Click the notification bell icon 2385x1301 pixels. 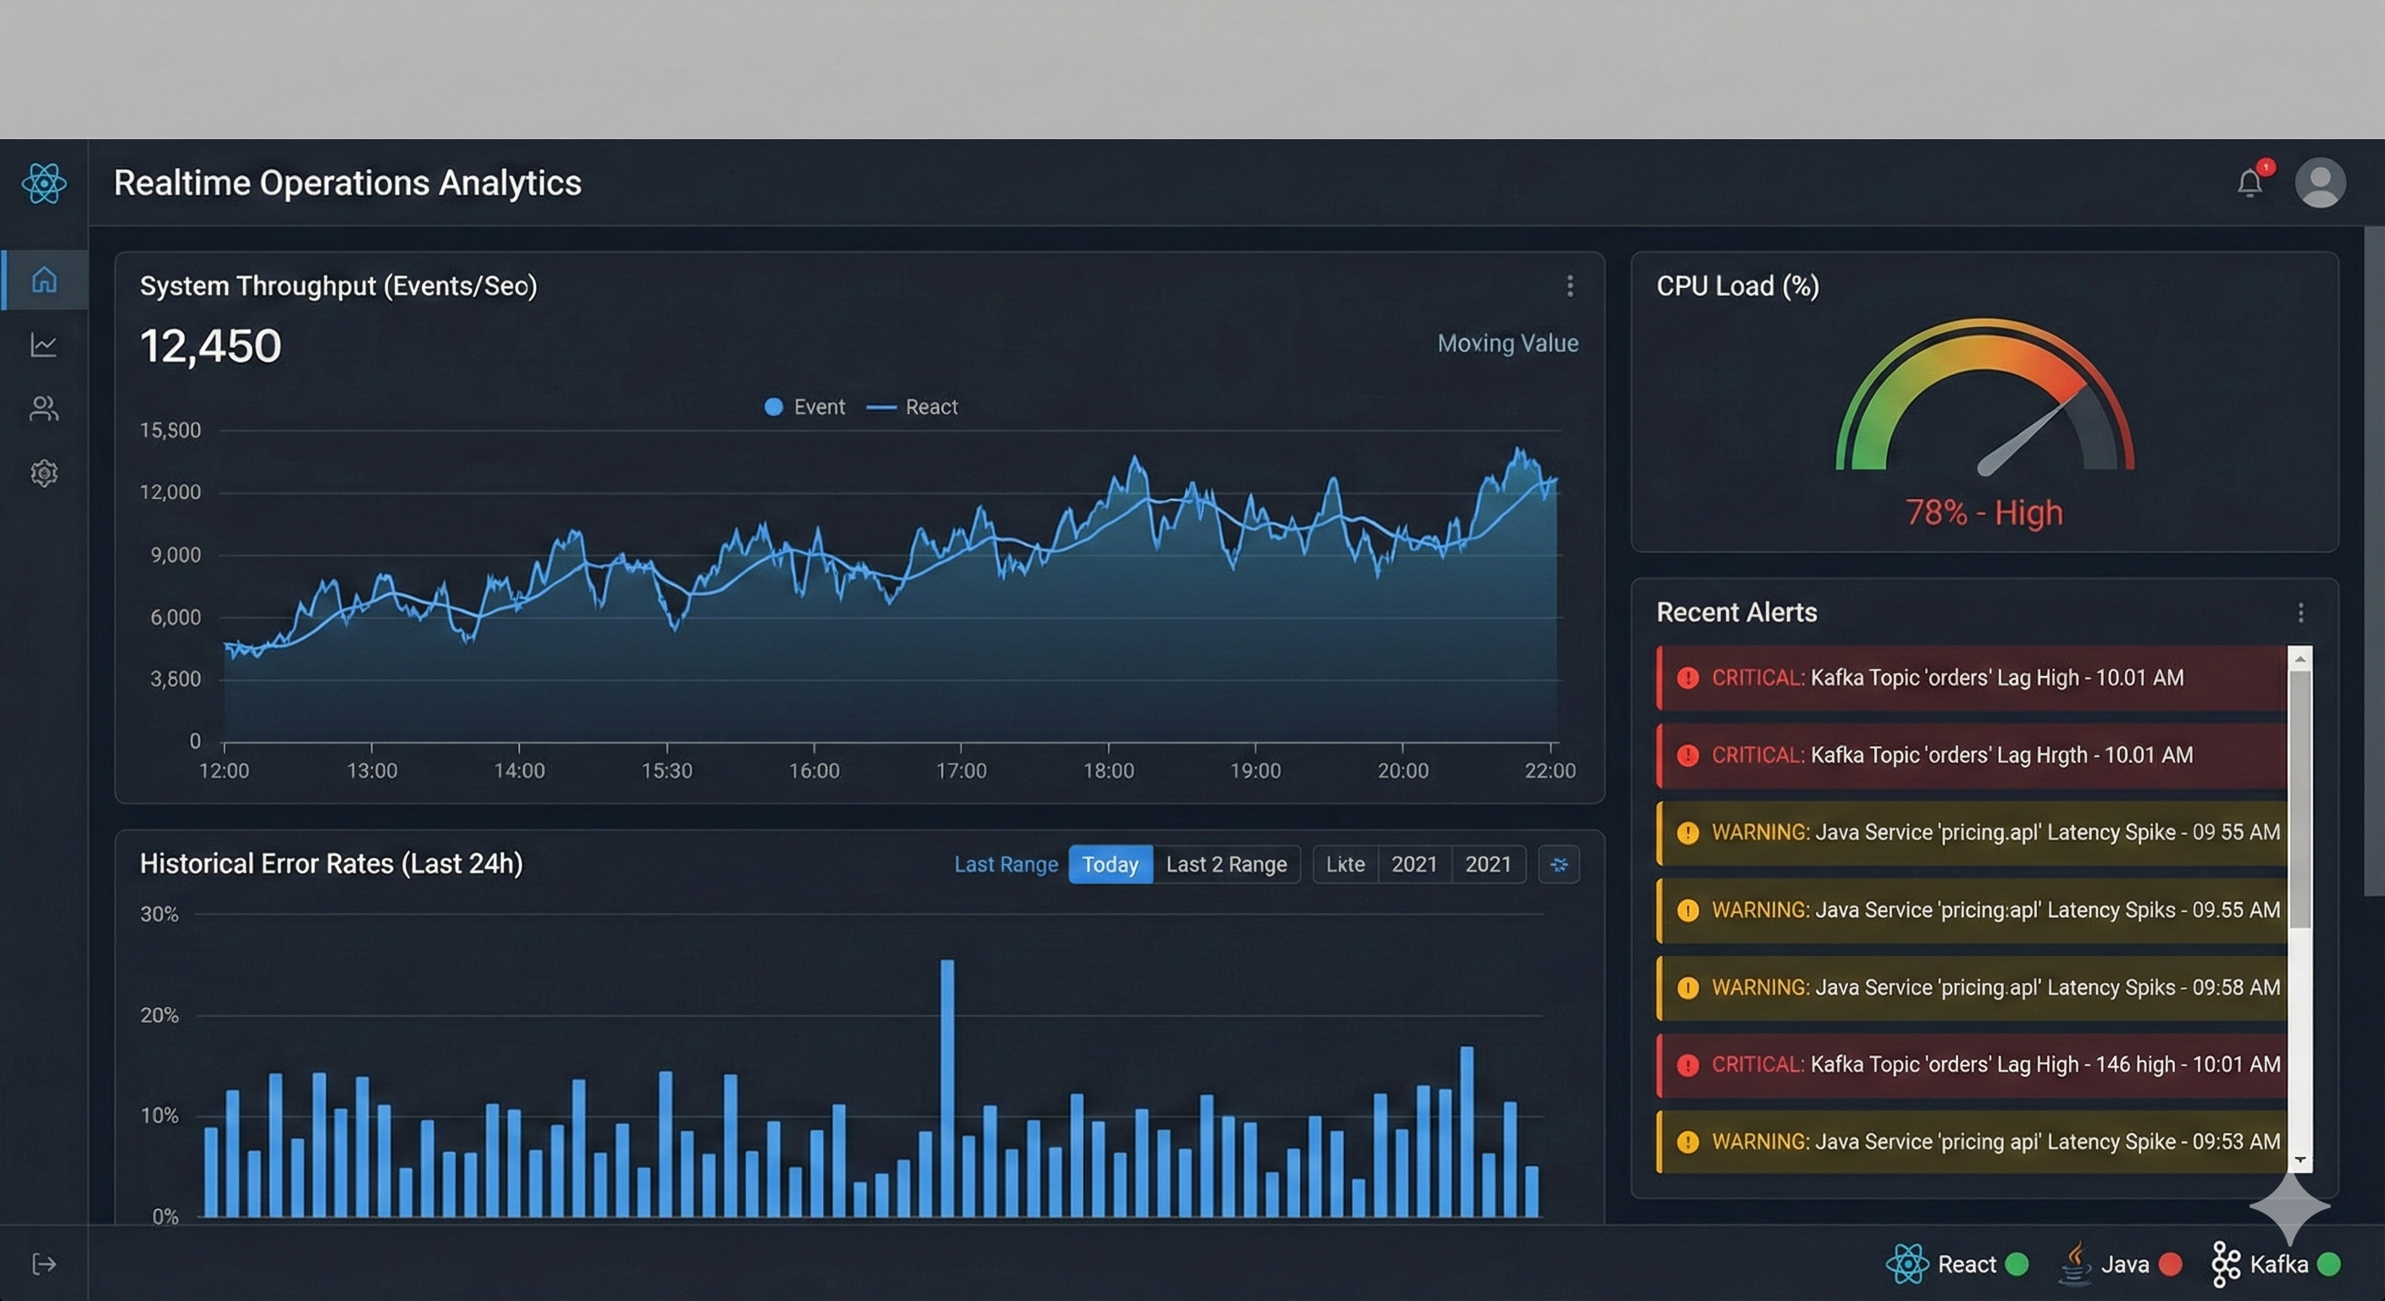[x=2249, y=182]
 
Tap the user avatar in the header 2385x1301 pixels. [x=2319, y=182]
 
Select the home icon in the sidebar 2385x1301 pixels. [x=44, y=279]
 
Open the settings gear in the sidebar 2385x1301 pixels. [x=44, y=473]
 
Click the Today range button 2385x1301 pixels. [x=1110, y=864]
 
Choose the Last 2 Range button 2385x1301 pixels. [x=1226, y=864]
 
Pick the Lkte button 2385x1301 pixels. [x=1345, y=864]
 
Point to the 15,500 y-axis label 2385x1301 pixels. [x=170, y=430]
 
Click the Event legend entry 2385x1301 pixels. [x=805, y=407]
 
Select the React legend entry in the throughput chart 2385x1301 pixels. [x=913, y=407]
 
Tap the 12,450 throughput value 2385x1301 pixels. [x=210, y=346]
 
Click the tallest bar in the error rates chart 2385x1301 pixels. [x=947, y=1088]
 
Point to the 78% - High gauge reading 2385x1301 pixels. [x=1984, y=512]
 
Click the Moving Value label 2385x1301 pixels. [x=1508, y=344]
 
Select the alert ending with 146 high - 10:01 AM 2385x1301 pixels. [x=1972, y=1065]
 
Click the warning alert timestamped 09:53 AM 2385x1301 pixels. [x=1972, y=1142]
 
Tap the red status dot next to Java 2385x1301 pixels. [x=2169, y=1264]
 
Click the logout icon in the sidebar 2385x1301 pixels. [x=44, y=1264]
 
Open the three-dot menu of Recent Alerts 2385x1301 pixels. [x=2301, y=612]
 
